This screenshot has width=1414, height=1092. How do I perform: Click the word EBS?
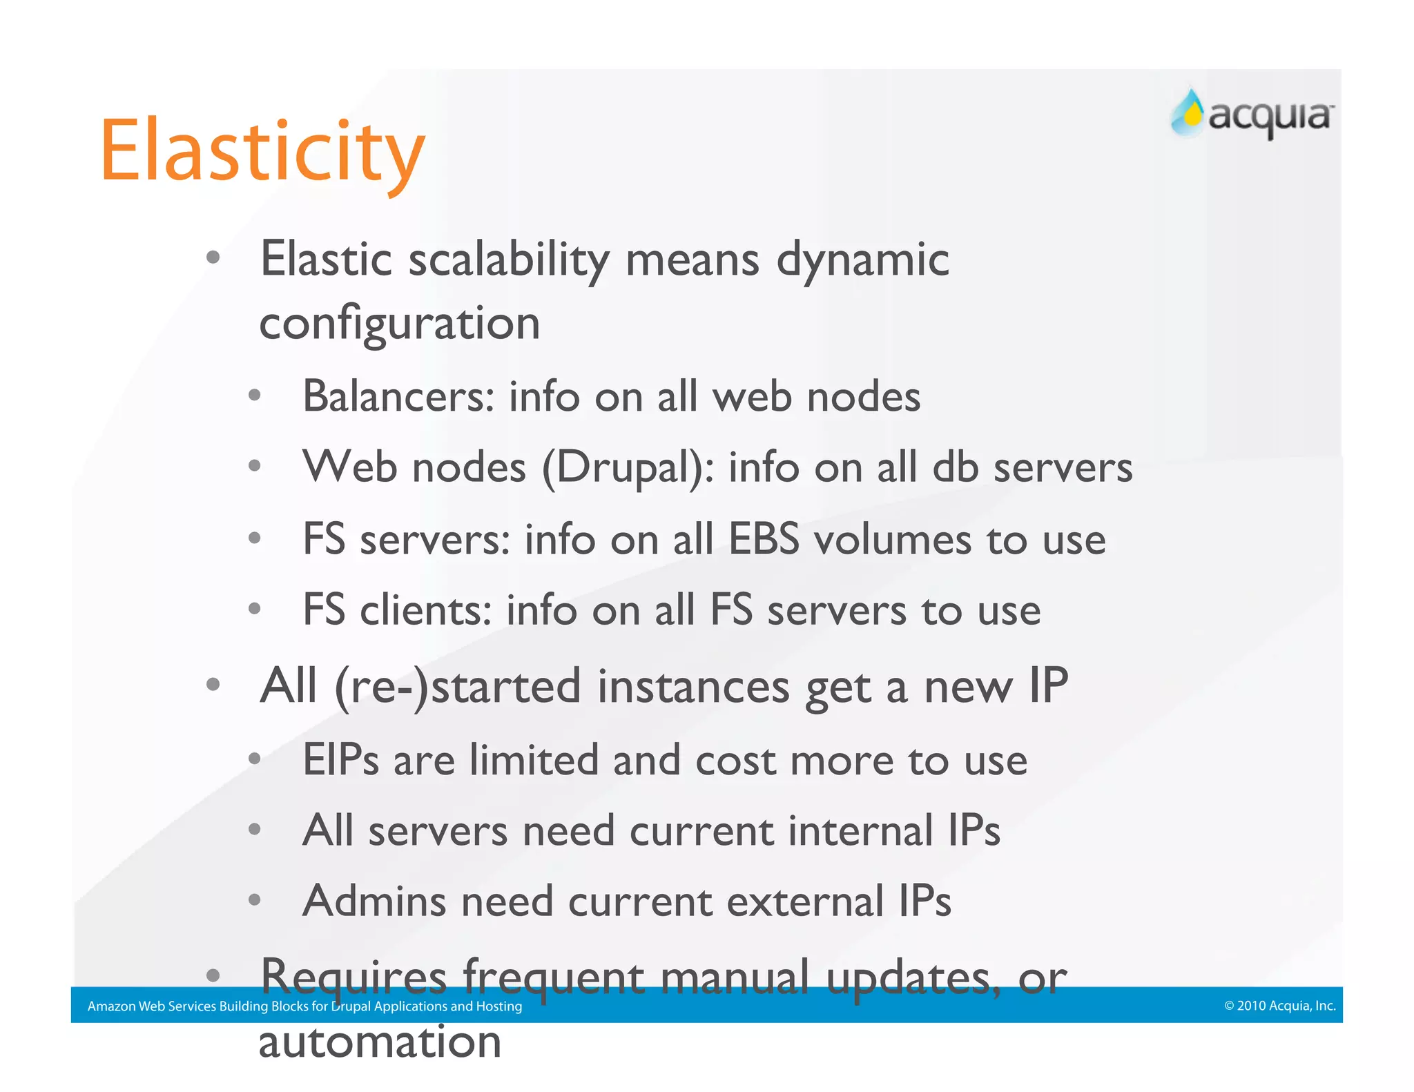(764, 539)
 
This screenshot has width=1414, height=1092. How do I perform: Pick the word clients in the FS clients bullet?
(425, 610)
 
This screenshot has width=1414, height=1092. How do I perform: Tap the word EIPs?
(341, 760)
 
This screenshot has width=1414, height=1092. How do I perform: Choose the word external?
(805, 901)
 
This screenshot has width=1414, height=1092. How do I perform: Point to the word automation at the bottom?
(380, 1042)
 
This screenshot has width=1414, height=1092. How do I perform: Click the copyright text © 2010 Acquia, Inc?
(1279, 1006)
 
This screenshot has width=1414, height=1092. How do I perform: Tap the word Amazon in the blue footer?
(111, 1006)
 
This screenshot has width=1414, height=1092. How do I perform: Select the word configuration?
(399, 324)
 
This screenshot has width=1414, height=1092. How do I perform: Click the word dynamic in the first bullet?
(863, 261)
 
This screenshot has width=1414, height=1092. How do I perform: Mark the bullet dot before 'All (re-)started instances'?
(213, 685)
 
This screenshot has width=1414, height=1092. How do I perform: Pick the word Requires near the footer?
(353, 977)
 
